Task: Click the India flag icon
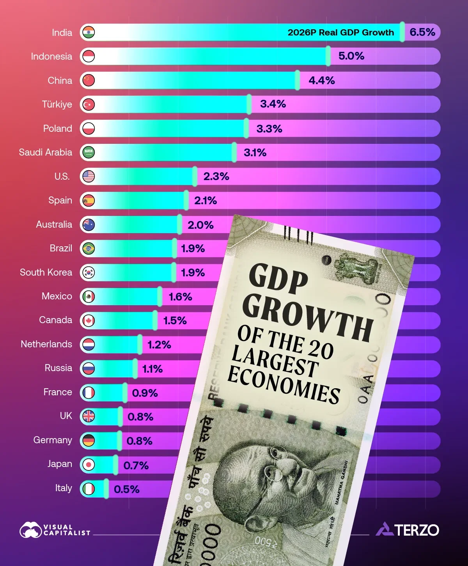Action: click(89, 32)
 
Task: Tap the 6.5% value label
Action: click(422, 32)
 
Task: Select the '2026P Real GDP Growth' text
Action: click(340, 32)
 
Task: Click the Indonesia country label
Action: click(51, 57)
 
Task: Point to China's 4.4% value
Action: click(321, 81)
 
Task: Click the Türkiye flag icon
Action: click(89, 104)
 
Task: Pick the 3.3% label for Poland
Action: click(269, 129)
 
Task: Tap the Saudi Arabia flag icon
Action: click(89, 152)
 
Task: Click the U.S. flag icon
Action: click(89, 177)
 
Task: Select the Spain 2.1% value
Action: click(205, 201)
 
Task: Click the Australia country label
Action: click(54, 225)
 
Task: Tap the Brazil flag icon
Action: click(89, 249)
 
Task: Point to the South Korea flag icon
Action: click(89, 273)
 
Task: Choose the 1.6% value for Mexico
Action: click(180, 297)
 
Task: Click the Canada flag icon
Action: click(89, 321)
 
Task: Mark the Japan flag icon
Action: click(89, 465)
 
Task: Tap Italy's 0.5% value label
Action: click(126, 489)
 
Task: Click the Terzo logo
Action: click(408, 530)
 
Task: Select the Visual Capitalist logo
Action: click(55, 530)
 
